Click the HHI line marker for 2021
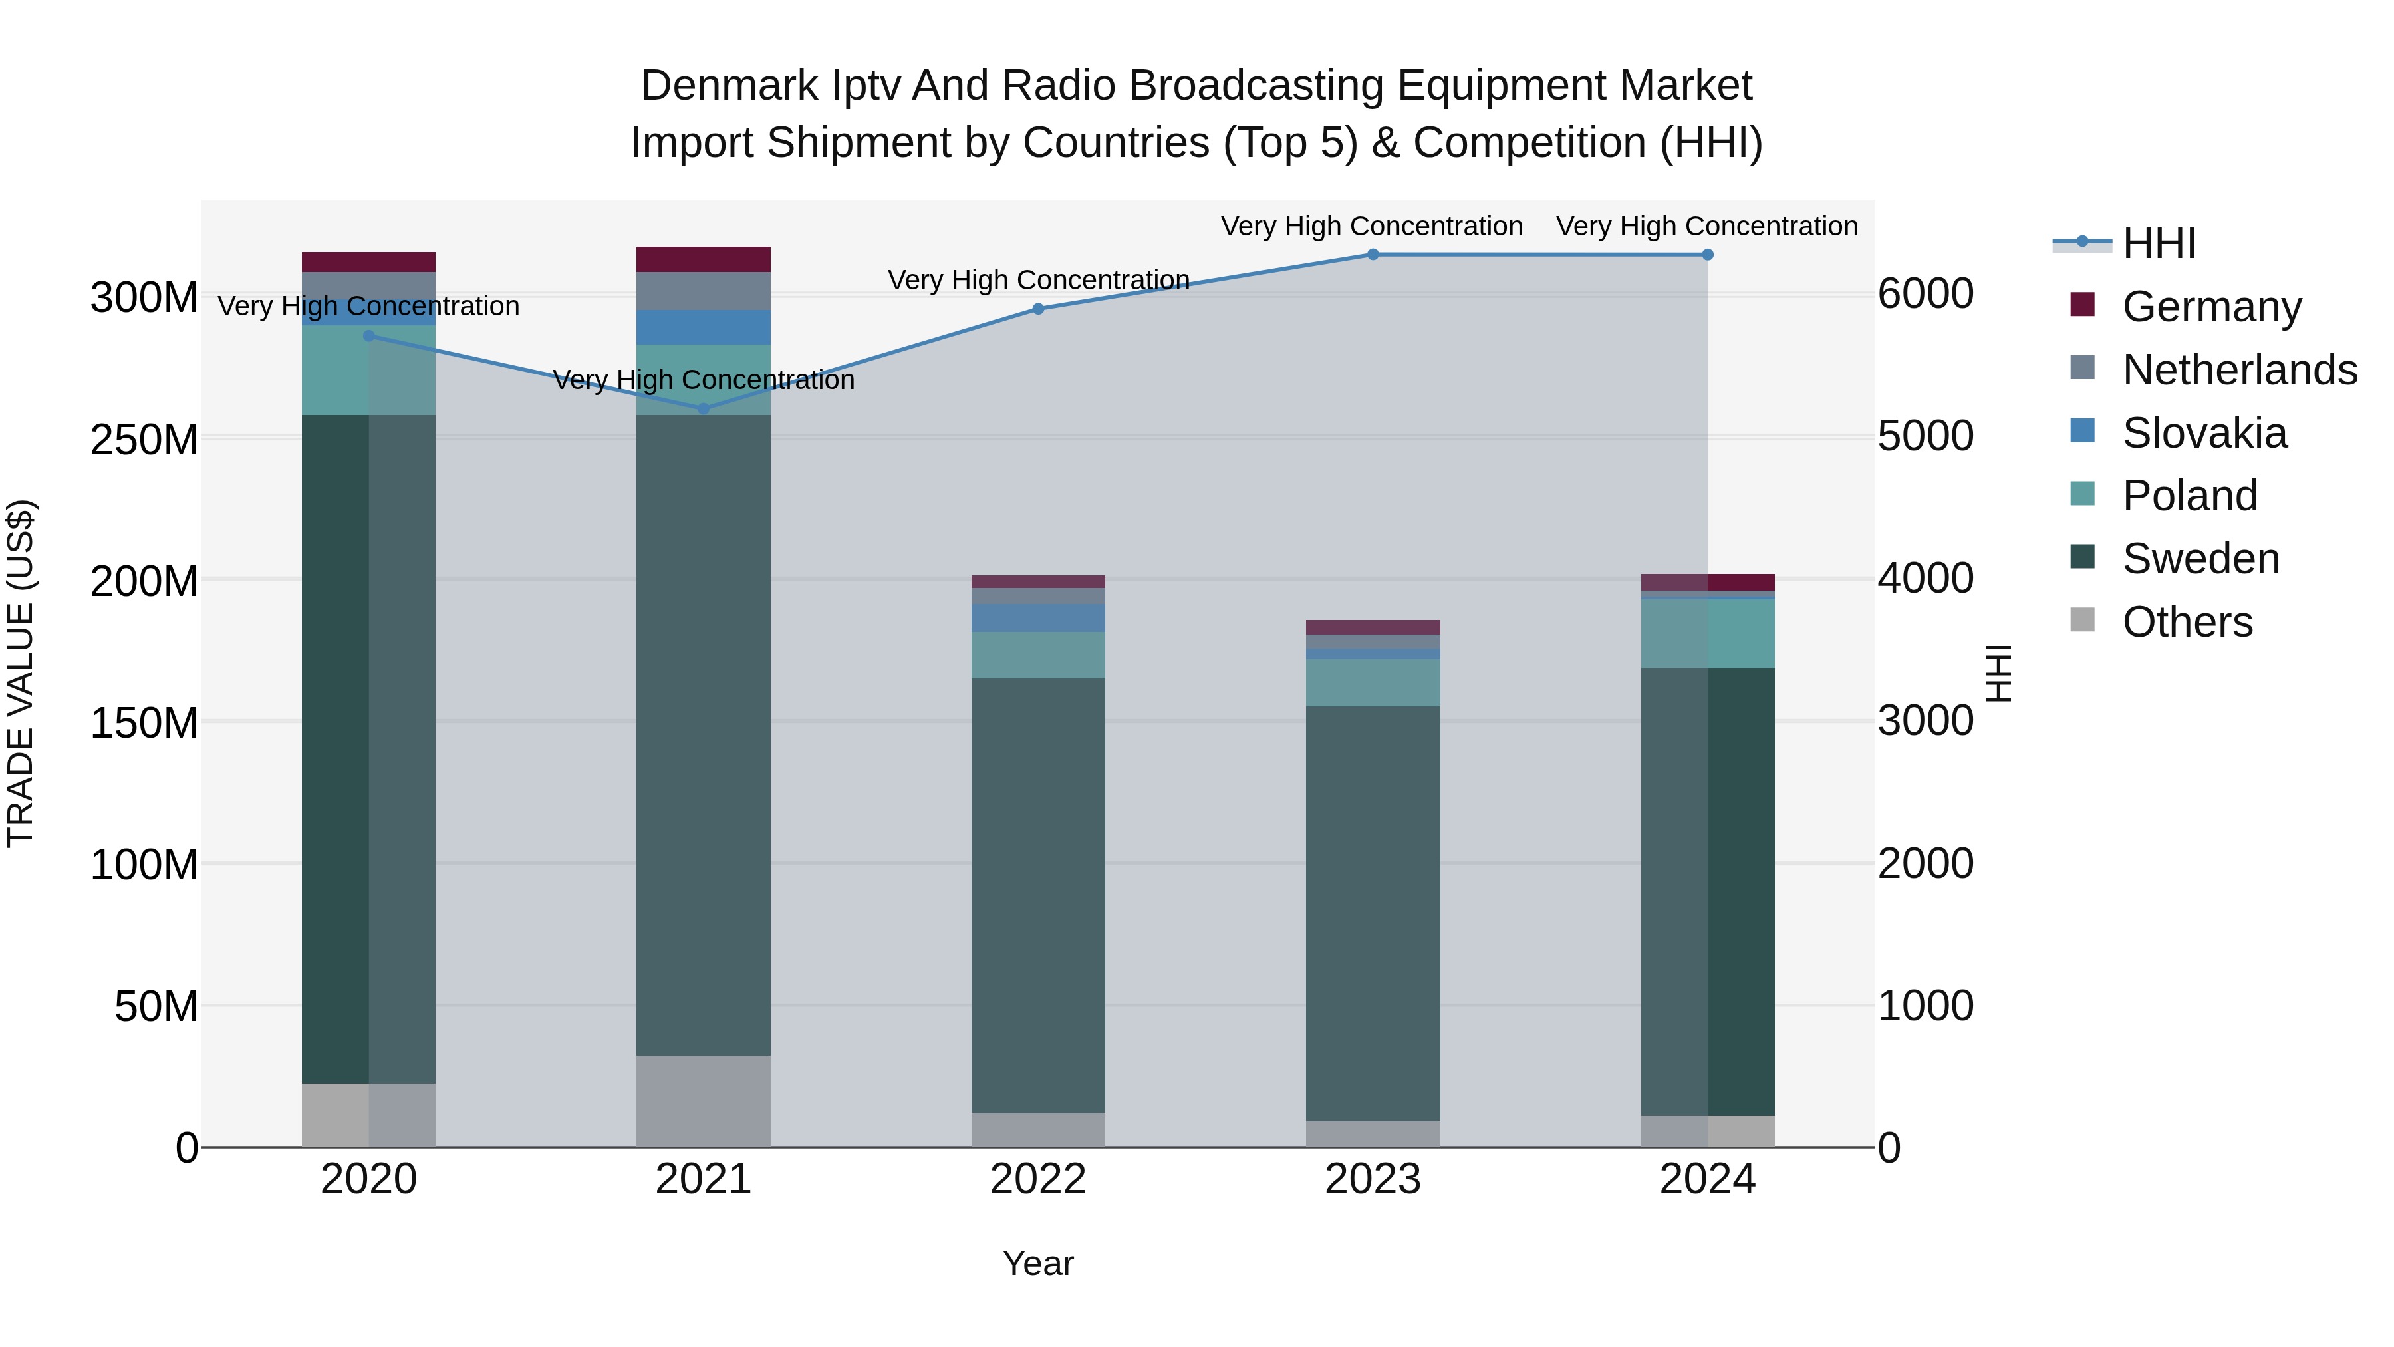coord(704,409)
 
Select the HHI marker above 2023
coord(1373,255)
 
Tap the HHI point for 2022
coord(1038,309)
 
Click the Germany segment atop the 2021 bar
coord(704,259)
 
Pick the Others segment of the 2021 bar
coord(704,1101)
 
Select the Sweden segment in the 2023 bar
coord(1373,913)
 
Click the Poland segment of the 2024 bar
coord(1707,633)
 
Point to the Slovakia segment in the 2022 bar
coord(1038,618)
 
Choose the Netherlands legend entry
coord(2239,370)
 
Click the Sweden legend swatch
coord(2083,558)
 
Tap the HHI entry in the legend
coord(2159,243)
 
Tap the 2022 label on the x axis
coord(1038,1179)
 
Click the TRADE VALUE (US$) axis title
coord(21,673)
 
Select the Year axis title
coord(1038,1263)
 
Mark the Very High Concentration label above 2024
coord(1707,226)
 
